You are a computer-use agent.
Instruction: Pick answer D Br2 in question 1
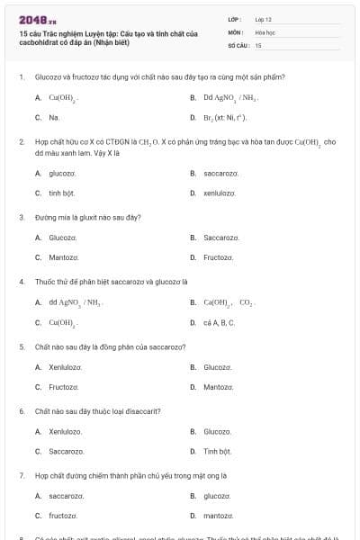pos(224,117)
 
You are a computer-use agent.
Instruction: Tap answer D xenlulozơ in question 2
pos(219,193)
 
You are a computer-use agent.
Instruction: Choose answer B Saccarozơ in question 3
pos(220,238)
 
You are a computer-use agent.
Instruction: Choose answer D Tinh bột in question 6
pos(217,451)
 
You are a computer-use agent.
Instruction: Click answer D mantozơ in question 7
pos(219,516)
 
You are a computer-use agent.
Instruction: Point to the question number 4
pos(21,281)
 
